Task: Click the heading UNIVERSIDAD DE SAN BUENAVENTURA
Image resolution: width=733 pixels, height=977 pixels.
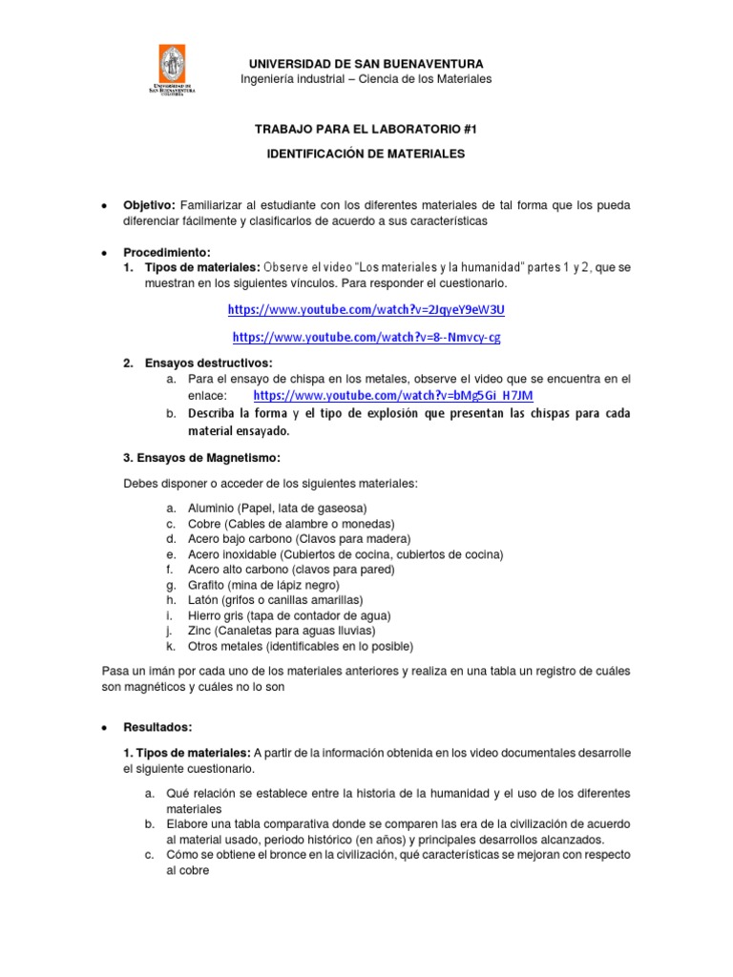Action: [x=366, y=63]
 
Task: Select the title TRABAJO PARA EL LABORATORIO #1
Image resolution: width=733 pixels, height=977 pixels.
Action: [x=366, y=128]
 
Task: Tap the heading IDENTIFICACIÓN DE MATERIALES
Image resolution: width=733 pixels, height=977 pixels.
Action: [x=366, y=154]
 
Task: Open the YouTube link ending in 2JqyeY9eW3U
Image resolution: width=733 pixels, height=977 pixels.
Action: [x=366, y=309]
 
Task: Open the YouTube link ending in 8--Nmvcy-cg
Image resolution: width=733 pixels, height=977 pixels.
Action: [x=366, y=337]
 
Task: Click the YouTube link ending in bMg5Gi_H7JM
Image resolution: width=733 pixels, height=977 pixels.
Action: [x=393, y=394]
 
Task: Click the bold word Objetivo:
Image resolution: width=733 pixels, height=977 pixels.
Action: [x=149, y=206]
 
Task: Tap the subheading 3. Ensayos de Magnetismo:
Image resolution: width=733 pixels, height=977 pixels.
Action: [x=201, y=457]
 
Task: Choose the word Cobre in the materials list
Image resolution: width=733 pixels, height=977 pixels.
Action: [x=205, y=524]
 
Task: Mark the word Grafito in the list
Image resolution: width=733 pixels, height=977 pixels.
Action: [x=207, y=585]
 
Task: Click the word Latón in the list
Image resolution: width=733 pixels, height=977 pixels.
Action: [x=205, y=600]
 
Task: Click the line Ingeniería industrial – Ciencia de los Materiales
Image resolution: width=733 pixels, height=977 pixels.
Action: [x=366, y=79]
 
